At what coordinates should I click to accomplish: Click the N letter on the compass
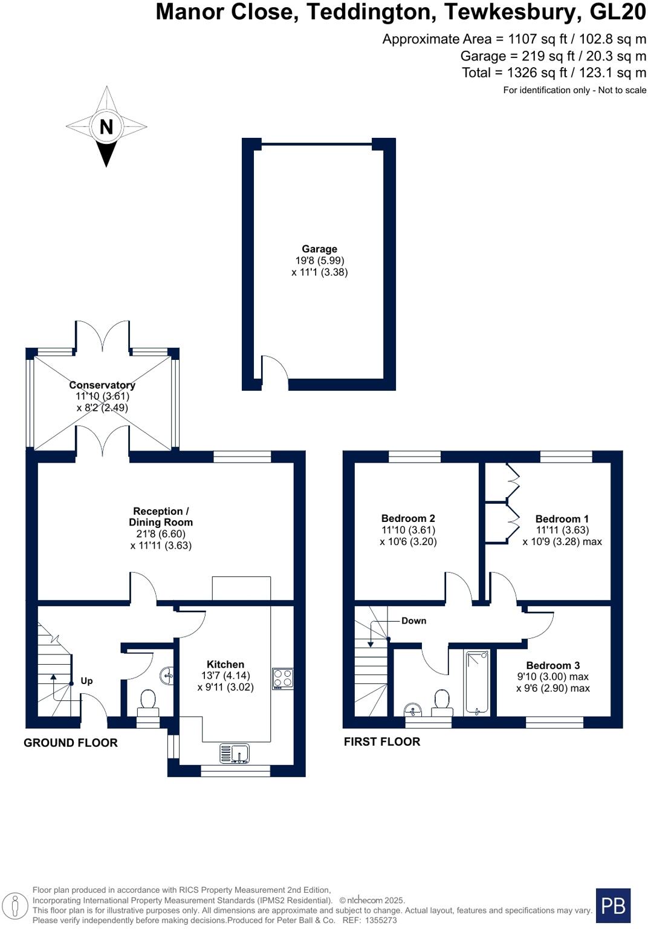[106, 127]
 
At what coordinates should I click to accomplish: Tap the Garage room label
[319, 249]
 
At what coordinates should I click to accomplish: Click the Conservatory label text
[102, 385]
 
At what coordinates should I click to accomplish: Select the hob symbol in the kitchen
[283, 679]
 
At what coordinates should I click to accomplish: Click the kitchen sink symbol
[235, 754]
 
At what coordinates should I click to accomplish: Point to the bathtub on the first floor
[477, 682]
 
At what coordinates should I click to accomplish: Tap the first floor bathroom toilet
[442, 702]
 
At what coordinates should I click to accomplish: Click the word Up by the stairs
[86, 681]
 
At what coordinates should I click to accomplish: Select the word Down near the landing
[413, 621]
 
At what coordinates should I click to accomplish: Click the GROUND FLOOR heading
[71, 743]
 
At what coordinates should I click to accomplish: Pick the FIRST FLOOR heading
[382, 742]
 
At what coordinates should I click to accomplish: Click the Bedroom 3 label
[552, 665]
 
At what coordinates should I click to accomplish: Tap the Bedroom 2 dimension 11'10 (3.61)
[408, 530]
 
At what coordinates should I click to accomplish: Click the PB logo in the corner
[613, 905]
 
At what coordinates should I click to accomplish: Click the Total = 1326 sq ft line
[554, 73]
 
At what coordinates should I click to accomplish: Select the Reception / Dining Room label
[161, 517]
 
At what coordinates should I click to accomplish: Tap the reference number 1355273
[379, 920]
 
